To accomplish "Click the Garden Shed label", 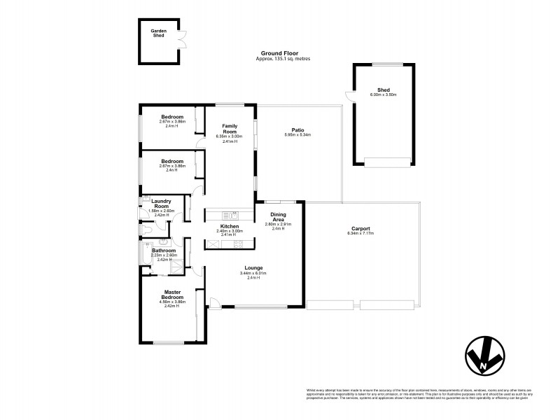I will coord(158,33).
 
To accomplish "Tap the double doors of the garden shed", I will coord(182,40).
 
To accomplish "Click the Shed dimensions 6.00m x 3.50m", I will coord(383,94).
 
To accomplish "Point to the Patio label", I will coord(297,129).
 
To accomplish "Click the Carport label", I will coord(360,229).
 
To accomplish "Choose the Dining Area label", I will coord(278,216).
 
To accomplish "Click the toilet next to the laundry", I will coord(146,229).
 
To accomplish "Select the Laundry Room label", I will coord(162,204).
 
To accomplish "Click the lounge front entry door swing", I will coord(214,302).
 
